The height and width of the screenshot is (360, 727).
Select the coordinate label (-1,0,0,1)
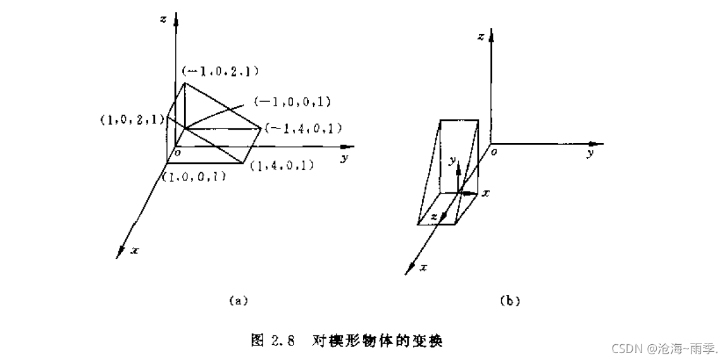[x=292, y=101]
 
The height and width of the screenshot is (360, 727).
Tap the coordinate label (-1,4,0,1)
[x=304, y=128]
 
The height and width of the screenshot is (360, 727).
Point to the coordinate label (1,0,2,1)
[x=132, y=119]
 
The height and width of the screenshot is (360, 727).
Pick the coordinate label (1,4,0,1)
[x=282, y=166]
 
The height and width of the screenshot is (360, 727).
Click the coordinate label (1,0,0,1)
[x=195, y=178]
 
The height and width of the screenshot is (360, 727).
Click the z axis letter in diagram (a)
[x=163, y=19]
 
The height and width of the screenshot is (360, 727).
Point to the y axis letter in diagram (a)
[x=344, y=158]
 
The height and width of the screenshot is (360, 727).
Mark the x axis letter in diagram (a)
[x=134, y=251]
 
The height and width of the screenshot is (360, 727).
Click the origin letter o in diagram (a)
[x=178, y=152]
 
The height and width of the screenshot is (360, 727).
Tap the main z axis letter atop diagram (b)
[x=481, y=37]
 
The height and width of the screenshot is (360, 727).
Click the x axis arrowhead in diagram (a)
[x=120, y=251]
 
